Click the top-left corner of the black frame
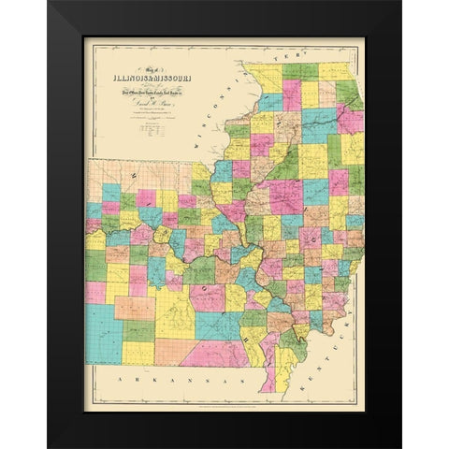[x=49, y=3]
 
